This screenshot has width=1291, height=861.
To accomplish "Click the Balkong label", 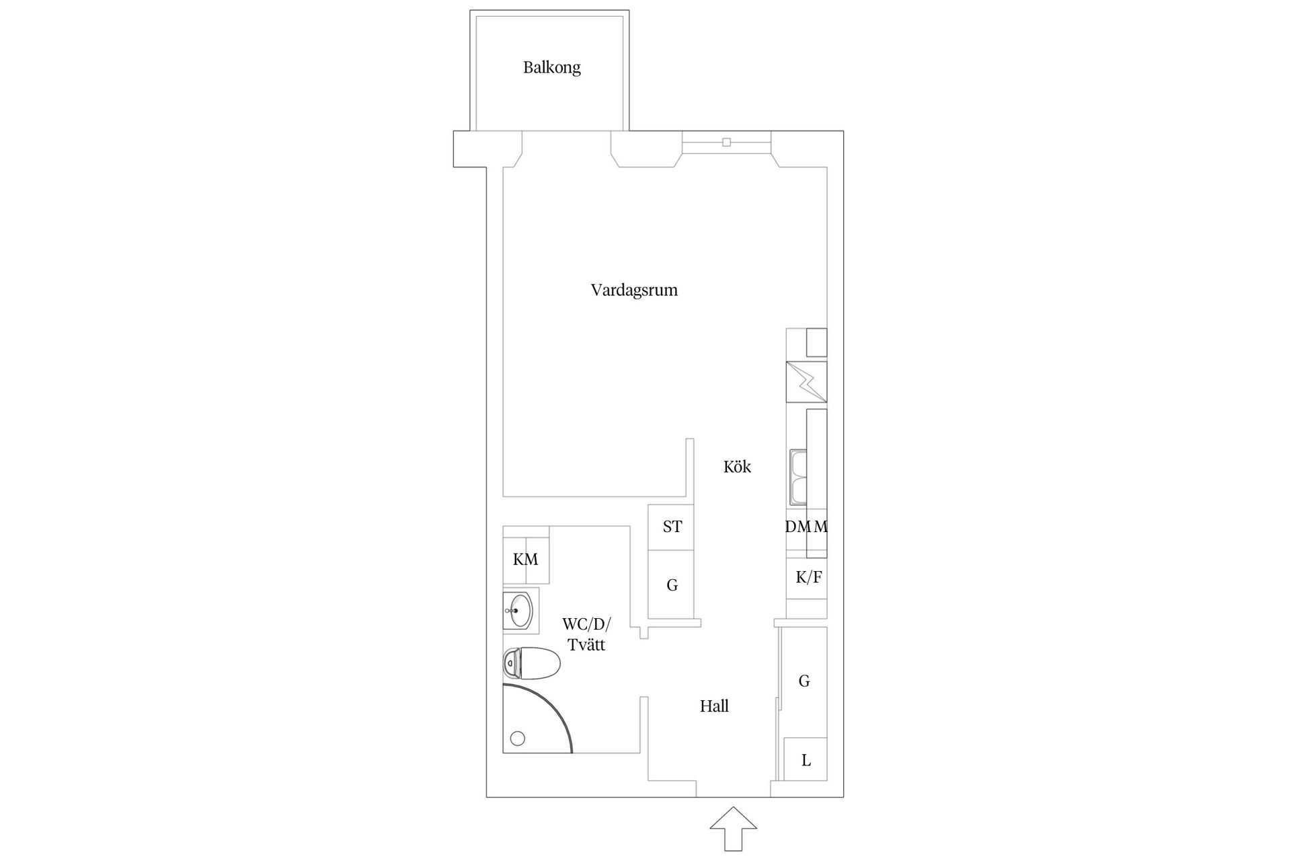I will click(x=551, y=67).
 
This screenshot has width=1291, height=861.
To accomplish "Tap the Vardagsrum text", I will click(x=633, y=290).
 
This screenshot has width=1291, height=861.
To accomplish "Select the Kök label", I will click(x=737, y=466).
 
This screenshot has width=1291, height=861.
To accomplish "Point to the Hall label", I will click(x=714, y=706).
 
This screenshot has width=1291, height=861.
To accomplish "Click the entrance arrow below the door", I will click(x=733, y=829).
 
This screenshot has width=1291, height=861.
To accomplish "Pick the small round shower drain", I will click(x=517, y=739).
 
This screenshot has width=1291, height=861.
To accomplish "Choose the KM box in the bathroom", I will click(x=525, y=559).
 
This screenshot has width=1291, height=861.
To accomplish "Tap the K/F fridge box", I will click(x=808, y=577).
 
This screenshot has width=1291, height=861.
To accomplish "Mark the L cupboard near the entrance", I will click(x=806, y=760).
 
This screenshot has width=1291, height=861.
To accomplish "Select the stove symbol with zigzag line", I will click(x=806, y=382).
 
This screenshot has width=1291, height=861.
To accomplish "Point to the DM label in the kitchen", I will click(x=798, y=527).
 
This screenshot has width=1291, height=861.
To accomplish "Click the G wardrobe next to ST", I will click(x=671, y=585).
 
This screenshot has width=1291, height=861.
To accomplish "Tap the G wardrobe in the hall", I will click(x=804, y=681).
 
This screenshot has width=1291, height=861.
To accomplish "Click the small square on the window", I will click(x=726, y=142).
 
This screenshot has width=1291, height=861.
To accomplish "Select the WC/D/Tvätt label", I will click(x=586, y=634).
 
